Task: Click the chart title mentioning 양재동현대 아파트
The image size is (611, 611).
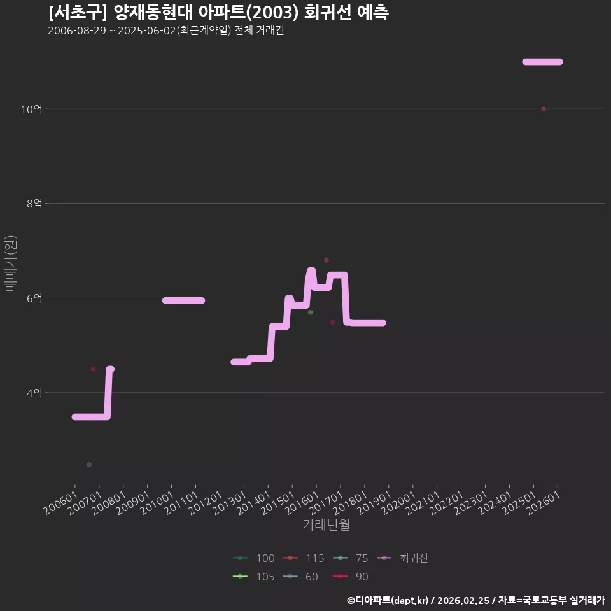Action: pos(218,13)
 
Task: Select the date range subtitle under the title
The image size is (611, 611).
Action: pos(166,31)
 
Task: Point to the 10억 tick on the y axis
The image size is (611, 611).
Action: pos(31,109)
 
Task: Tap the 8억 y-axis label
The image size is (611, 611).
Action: pos(34,204)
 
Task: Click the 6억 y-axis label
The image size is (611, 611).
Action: pos(34,298)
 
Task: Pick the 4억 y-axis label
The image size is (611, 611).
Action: pos(34,393)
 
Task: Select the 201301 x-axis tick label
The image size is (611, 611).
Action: pos(230,503)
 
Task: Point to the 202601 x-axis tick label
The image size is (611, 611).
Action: pos(543,503)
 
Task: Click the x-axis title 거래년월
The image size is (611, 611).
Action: pos(326,524)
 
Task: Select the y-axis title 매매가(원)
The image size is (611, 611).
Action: pos(10,263)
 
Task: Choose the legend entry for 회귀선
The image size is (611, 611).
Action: pos(402,558)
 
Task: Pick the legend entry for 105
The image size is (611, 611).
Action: pos(254,577)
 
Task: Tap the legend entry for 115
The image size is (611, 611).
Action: pos(304,558)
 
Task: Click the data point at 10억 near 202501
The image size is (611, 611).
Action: pos(544,109)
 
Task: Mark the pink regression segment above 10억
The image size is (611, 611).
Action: pos(542,62)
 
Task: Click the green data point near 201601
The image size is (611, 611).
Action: pos(310,312)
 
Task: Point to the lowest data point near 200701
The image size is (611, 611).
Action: pos(89,465)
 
